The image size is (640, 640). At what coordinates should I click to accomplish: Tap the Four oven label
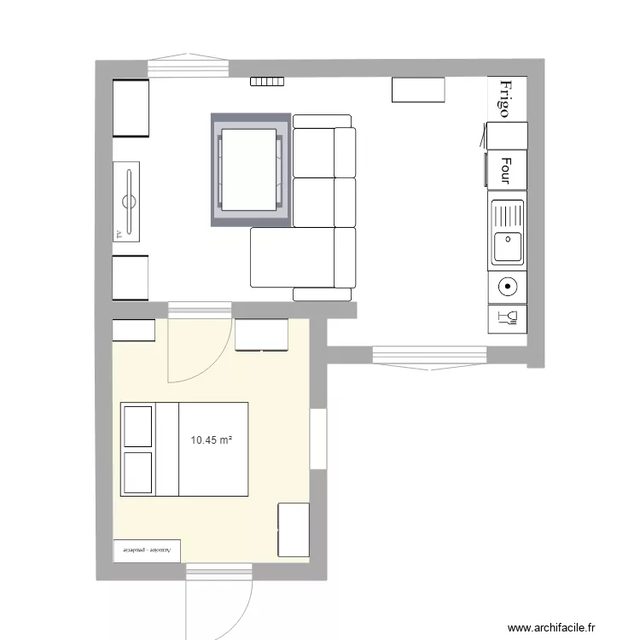[506, 169]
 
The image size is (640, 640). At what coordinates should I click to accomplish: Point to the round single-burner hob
[507, 288]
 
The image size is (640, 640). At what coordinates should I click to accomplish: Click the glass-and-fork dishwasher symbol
[507, 319]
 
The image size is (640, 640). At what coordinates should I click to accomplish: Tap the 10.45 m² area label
[212, 440]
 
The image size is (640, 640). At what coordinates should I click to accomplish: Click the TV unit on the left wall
[130, 201]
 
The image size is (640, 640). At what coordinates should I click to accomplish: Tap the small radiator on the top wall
[265, 82]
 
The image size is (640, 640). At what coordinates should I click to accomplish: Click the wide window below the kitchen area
[429, 353]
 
